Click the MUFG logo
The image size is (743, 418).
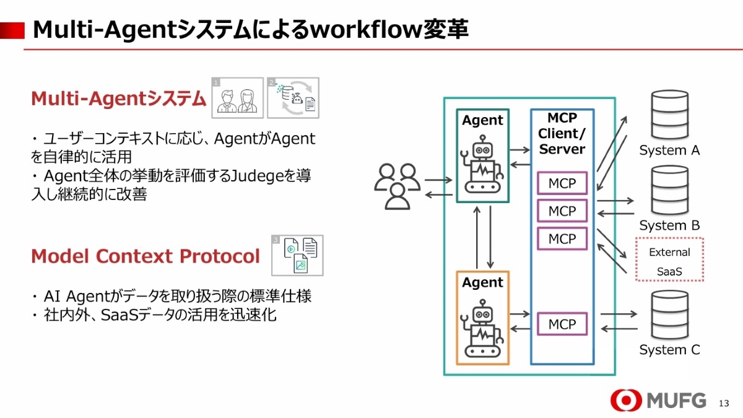(658, 401)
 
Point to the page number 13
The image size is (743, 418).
(724, 403)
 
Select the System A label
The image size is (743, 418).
(669, 150)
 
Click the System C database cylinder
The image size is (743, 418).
(669, 315)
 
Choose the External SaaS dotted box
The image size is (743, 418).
(669, 259)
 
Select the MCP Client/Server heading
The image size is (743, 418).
(562, 134)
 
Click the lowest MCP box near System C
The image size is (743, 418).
(562, 324)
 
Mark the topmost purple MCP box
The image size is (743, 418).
(562, 183)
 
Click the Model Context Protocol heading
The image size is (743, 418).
(146, 256)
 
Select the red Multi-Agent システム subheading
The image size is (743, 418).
(118, 98)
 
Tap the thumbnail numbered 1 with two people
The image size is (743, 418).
(237, 98)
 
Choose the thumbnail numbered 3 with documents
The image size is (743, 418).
(297, 255)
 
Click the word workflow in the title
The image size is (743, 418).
(358, 29)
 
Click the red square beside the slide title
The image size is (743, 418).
(12, 29)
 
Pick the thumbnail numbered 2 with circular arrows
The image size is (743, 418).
(293, 98)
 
